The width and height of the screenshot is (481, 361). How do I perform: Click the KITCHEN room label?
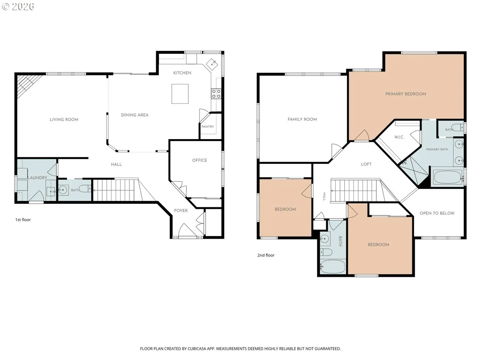182,73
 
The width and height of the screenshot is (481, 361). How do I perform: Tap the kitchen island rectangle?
180,94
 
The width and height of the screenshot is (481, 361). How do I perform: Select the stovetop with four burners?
216,94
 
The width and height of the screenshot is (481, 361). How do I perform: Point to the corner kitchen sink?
212,64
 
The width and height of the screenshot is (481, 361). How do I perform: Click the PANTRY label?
207,126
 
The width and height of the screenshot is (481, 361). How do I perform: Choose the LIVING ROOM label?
64,120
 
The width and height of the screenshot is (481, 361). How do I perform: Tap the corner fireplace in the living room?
28,85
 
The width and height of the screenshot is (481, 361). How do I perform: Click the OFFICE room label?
200,160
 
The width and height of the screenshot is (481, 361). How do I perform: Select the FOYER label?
181,211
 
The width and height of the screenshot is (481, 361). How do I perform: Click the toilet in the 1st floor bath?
85,188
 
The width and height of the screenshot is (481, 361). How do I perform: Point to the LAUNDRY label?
37,177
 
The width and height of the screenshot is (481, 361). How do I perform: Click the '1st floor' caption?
23,220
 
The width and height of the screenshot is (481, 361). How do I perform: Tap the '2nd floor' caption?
266,255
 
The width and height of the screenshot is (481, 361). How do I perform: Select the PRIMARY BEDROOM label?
405,94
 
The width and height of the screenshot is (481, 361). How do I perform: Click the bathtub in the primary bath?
448,177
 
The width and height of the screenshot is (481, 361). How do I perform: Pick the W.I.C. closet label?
399,137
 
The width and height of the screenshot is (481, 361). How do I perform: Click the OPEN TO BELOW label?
437,213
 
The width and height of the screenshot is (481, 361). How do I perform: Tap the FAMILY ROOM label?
302,119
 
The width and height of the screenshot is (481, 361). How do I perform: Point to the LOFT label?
366,164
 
